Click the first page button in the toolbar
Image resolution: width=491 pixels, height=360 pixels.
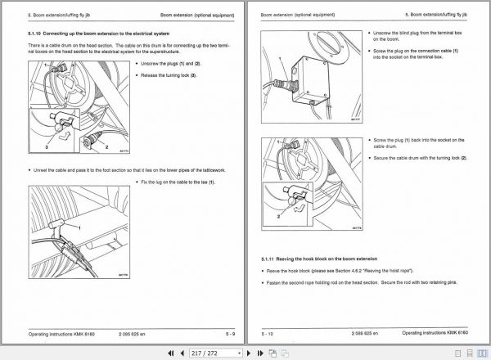coord(170,353)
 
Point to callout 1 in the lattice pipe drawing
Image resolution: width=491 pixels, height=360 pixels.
coord(79,226)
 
